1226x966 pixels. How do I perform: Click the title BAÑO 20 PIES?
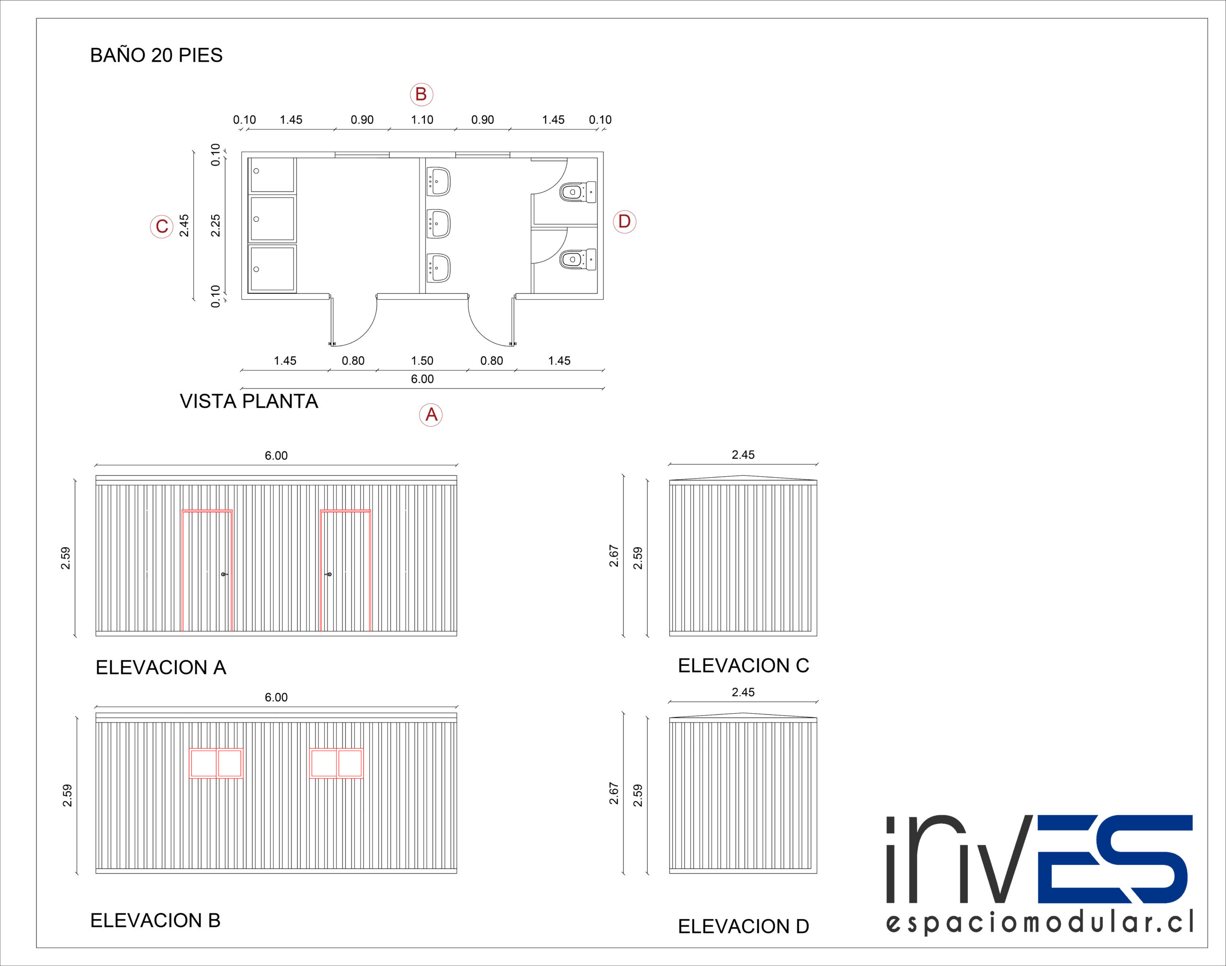point(156,55)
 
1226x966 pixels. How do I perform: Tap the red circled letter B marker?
point(421,94)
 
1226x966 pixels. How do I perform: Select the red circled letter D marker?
point(624,221)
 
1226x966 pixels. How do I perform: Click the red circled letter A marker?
point(431,415)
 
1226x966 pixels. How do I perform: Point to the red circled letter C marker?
point(161,226)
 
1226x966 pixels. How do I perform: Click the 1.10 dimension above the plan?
point(422,120)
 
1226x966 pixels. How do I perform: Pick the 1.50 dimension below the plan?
point(422,361)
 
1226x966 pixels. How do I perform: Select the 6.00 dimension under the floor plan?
point(422,379)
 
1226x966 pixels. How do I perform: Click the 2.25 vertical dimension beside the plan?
point(216,225)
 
